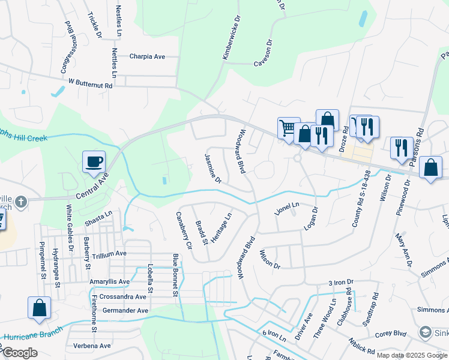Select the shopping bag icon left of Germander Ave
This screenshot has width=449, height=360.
40,308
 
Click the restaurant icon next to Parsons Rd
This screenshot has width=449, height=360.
400,148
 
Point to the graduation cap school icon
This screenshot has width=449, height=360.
425,332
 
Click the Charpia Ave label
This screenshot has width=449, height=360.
147,57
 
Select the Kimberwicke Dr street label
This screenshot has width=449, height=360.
231,38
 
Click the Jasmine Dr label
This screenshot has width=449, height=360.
213,169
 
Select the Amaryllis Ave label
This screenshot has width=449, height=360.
109,281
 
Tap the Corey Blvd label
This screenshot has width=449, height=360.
391,334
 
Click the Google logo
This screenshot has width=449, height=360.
20,353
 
